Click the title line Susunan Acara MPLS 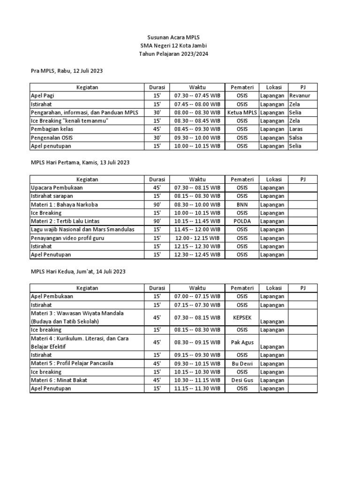173,37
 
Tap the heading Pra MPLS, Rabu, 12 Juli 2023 67,70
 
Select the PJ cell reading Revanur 300,96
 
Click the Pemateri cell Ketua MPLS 242,112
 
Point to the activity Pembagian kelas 52,129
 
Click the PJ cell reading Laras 296,129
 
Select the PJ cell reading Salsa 296,138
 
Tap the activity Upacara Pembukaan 57,187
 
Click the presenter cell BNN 242,204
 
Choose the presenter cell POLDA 242,221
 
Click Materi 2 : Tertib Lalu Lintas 65,221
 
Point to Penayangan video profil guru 67,238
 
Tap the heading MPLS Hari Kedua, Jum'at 78,271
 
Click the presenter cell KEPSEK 242,317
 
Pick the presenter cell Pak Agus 242,343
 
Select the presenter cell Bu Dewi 242,364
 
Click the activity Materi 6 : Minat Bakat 59,381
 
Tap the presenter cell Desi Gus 242,381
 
